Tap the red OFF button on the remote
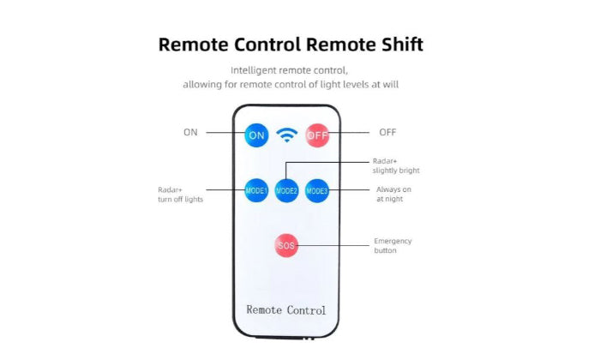317,135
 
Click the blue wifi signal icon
286,135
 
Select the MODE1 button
256,189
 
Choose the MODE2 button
286,190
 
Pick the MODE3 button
317,189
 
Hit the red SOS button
286,245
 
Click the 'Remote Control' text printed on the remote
286,309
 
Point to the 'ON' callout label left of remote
190,132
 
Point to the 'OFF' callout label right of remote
387,132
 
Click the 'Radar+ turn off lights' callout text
181,195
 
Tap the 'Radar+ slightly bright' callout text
396,165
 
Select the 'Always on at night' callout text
394,194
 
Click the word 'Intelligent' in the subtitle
255,70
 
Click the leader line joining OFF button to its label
351,133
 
